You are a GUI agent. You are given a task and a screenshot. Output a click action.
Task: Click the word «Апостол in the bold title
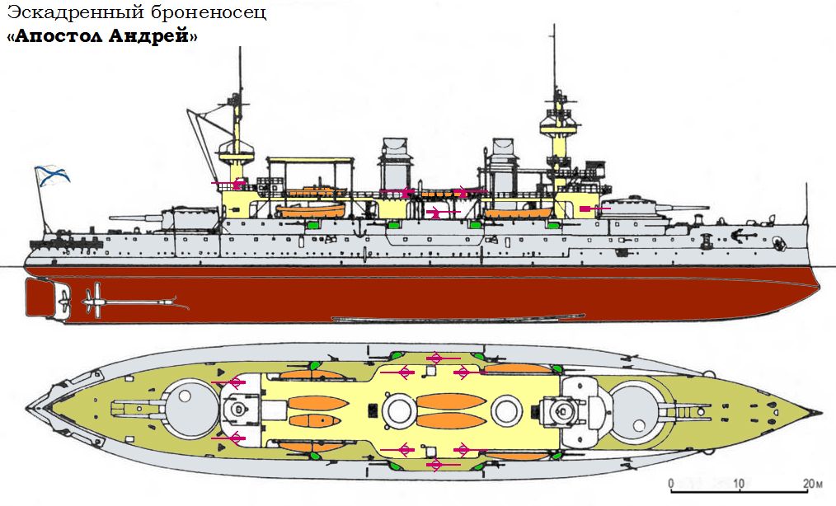(x=54, y=37)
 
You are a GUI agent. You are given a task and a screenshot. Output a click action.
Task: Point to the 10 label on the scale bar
(x=739, y=483)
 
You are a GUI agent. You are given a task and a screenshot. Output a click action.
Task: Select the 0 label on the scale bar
(x=671, y=483)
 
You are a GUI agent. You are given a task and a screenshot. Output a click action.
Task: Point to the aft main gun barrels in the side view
(x=136, y=218)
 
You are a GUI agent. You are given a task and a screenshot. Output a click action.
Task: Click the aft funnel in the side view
(x=394, y=165)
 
